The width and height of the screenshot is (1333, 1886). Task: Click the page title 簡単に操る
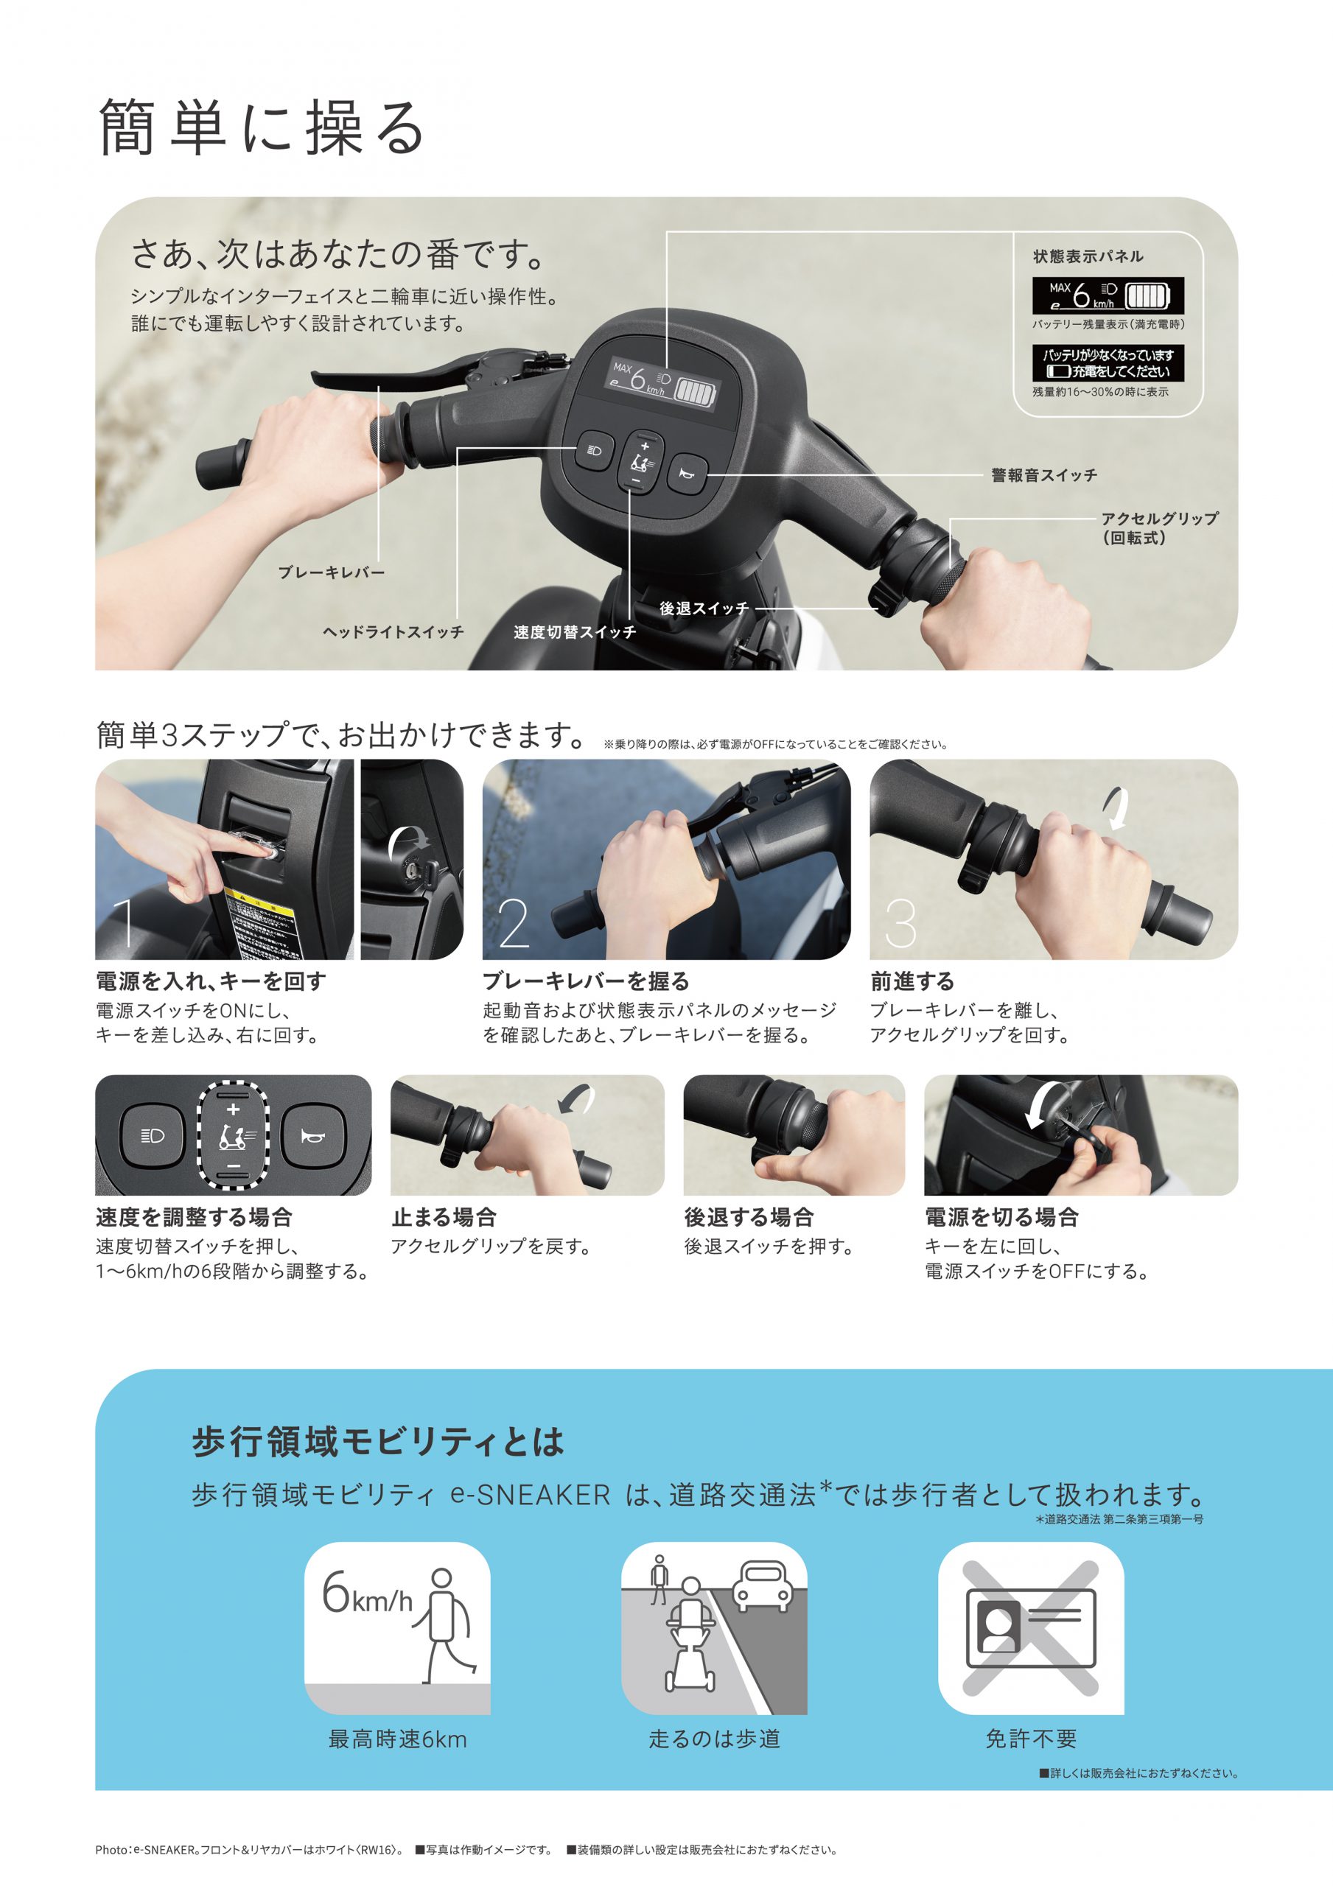(x=262, y=127)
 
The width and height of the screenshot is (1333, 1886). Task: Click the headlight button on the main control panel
(x=594, y=450)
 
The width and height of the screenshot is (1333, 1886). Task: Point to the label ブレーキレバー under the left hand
(x=331, y=572)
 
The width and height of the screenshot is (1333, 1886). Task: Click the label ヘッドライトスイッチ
(x=393, y=631)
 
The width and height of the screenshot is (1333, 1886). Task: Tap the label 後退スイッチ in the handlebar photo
(x=704, y=609)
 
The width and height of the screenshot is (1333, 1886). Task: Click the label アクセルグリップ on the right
(x=1159, y=519)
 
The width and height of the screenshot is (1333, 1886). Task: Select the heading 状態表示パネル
(x=1088, y=256)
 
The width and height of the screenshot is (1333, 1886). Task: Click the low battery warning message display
(x=1108, y=363)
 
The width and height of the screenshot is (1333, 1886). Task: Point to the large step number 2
(x=514, y=923)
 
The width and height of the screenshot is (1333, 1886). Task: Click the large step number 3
(x=900, y=923)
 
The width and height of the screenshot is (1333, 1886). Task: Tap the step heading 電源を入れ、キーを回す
(x=211, y=981)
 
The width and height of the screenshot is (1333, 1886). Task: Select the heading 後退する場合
(x=749, y=1216)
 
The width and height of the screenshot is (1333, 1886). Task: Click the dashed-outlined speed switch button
(x=234, y=1135)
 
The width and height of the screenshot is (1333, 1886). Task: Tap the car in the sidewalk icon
(x=761, y=1584)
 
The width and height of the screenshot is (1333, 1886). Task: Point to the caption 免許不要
(x=1031, y=1739)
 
